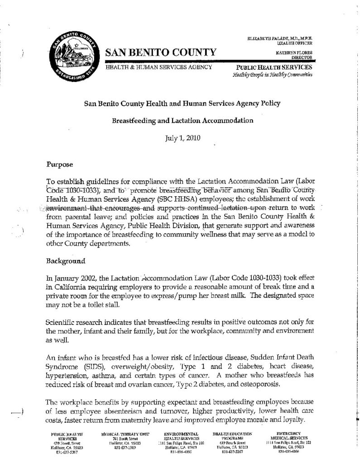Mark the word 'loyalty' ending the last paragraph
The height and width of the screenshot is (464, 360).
(302, 420)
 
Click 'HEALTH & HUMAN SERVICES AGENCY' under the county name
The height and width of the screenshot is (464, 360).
(159, 67)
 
